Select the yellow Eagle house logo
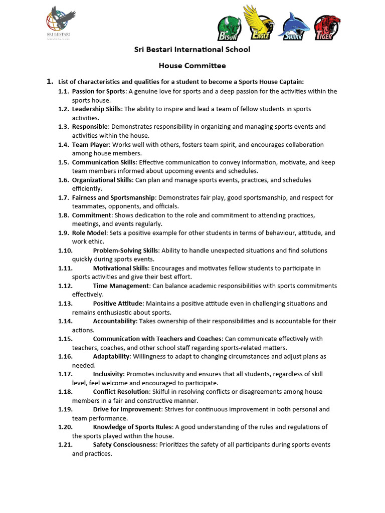tap(259, 23)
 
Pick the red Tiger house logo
tap(327, 28)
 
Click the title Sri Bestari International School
tap(192, 50)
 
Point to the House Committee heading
tap(192, 66)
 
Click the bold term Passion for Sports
tap(99, 91)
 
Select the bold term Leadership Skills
tap(97, 109)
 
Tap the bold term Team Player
tap(90, 144)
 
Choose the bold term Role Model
tap(89, 233)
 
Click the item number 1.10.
tap(66, 250)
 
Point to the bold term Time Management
tap(121, 286)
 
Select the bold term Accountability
tap(114, 321)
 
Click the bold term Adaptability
tap(111, 356)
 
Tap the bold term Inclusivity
tap(108, 374)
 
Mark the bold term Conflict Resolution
tap(121, 392)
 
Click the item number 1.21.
tap(66, 445)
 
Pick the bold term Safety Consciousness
tap(124, 445)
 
